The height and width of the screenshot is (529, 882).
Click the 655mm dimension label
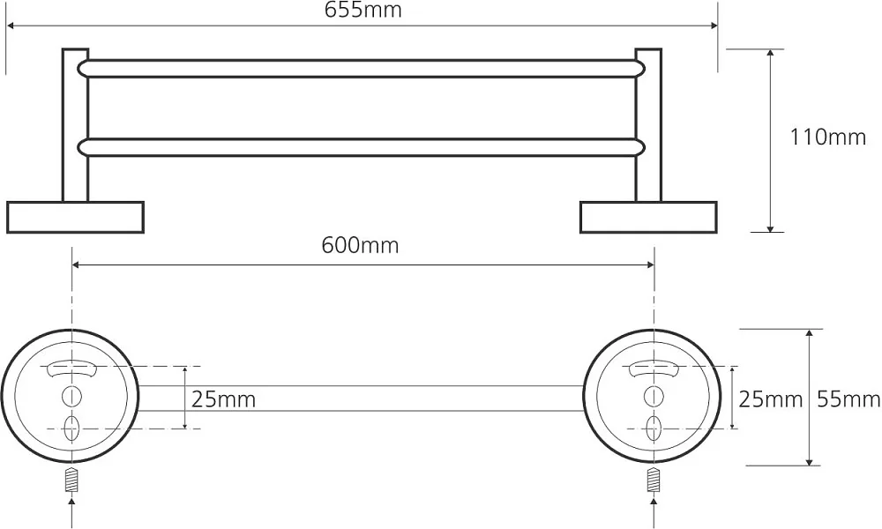point(363,10)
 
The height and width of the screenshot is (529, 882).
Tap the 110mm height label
point(828,138)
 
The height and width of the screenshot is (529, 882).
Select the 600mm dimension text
point(360,245)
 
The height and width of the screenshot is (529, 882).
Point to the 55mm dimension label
point(848,399)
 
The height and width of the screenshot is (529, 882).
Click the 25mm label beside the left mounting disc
point(223,399)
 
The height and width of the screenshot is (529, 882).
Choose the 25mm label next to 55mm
point(770,399)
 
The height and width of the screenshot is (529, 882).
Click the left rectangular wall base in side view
point(75,217)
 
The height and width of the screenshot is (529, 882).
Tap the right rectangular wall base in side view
point(648,217)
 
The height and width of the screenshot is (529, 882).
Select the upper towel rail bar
point(362,68)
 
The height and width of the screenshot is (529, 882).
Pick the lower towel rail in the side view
point(362,147)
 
